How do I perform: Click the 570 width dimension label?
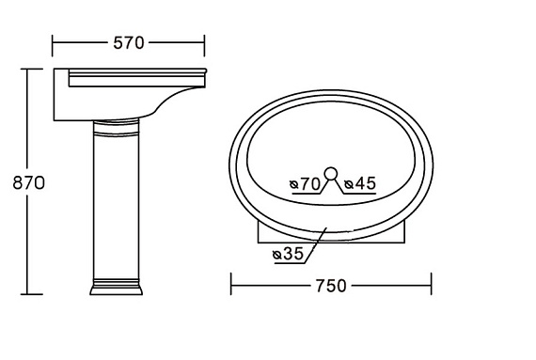pyautogui.click(x=129, y=43)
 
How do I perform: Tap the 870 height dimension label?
pyautogui.click(x=29, y=183)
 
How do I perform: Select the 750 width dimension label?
pyautogui.click(x=331, y=286)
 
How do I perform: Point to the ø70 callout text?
pyautogui.click(x=305, y=184)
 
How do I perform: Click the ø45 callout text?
pyautogui.click(x=360, y=183)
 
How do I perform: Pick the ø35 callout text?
pyautogui.click(x=288, y=254)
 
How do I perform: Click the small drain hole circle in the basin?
pyautogui.click(x=331, y=173)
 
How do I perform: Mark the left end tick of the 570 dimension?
pyautogui.click(x=53, y=45)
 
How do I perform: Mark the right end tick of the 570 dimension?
pyautogui.click(x=204, y=45)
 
